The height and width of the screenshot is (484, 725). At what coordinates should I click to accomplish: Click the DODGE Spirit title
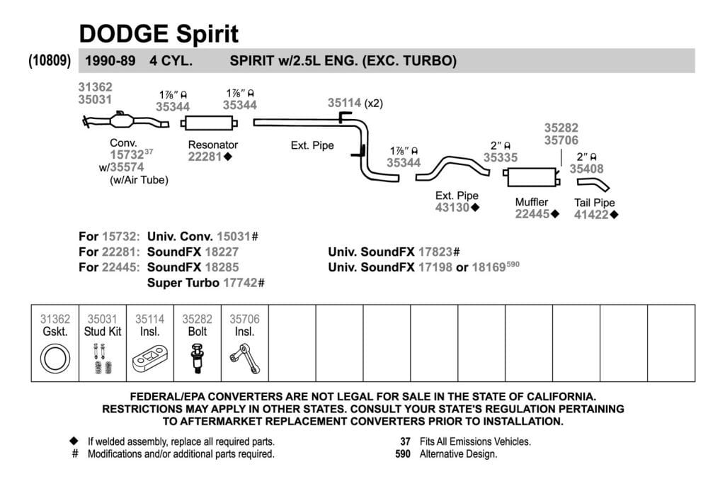[x=159, y=34]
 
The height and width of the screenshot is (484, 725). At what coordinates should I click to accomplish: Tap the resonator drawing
[x=209, y=123]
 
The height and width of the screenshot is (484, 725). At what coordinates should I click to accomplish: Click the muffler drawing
[x=531, y=176]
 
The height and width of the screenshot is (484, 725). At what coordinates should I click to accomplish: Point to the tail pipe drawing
[x=593, y=185]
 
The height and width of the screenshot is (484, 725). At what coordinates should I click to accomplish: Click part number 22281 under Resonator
[x=205, y=157]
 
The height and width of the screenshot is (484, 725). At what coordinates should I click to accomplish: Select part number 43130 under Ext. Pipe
[x=452, y=208]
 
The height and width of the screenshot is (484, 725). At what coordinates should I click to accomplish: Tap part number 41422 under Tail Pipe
[x=591, y=215]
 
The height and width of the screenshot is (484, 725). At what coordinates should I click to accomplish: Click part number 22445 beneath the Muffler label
[x=532, y=214]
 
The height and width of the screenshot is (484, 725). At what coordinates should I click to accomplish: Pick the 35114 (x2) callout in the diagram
[x=355, y=103]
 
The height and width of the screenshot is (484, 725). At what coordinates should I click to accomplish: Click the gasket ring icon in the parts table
[x=55, y=359]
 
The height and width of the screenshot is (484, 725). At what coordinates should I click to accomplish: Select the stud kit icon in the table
[x=102, y=359]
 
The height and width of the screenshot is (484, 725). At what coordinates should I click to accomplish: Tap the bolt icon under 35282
[x=198, y=359]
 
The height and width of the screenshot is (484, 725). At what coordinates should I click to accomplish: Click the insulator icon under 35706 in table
[x=244, y=358]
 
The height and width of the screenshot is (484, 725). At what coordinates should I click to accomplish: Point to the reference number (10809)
[x=50, y=61]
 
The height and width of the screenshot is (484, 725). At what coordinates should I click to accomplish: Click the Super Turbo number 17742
[x=240, y=283]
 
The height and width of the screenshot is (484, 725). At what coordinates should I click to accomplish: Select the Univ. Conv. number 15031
[x=234, y=237]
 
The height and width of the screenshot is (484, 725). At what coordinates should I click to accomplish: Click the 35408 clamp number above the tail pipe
[x=586, y=169]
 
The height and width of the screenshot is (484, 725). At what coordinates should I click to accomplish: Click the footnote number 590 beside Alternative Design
[x=403, y=454]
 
